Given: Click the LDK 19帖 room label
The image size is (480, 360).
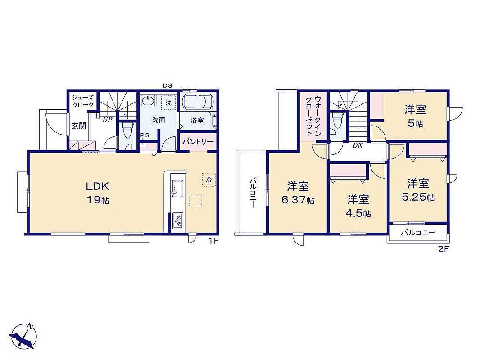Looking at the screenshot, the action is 97,193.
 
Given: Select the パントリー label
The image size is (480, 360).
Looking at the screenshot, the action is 198,142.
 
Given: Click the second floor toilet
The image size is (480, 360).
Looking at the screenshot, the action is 337,121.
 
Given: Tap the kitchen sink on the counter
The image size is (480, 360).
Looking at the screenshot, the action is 177,188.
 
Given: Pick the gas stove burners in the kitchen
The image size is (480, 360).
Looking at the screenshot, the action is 177,220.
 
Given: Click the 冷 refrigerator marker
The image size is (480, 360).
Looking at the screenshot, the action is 209,180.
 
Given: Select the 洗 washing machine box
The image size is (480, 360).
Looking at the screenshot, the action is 169,103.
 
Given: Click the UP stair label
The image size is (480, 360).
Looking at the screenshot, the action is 107,120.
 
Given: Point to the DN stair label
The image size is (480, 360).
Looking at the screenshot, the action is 357,146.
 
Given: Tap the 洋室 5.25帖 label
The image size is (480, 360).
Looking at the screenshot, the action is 418,190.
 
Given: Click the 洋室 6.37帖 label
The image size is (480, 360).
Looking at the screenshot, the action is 298,193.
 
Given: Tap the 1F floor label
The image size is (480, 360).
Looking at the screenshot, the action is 213,241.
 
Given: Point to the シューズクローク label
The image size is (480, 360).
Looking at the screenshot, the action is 82,101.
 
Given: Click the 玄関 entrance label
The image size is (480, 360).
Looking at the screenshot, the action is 79,126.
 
